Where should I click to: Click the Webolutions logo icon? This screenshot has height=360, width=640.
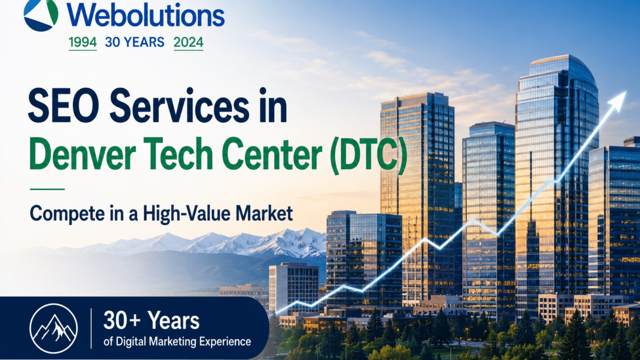pos(41,14)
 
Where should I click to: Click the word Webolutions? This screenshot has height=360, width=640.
pos(146,15)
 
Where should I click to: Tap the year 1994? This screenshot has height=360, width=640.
pos(83,42)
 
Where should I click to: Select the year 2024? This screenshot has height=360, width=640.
pos(189,42)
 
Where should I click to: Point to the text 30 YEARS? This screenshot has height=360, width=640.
pos(134,42)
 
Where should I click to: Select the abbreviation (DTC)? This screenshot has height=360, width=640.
pos(368,155)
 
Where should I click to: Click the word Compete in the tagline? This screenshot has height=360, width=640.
pos(67,214)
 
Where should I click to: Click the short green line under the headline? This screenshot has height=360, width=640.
pos(47,189)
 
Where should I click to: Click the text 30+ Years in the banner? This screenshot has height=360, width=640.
pos(151,321)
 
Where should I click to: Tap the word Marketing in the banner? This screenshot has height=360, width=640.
pos(173,341)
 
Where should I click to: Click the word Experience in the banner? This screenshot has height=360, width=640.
pos(225,342)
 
